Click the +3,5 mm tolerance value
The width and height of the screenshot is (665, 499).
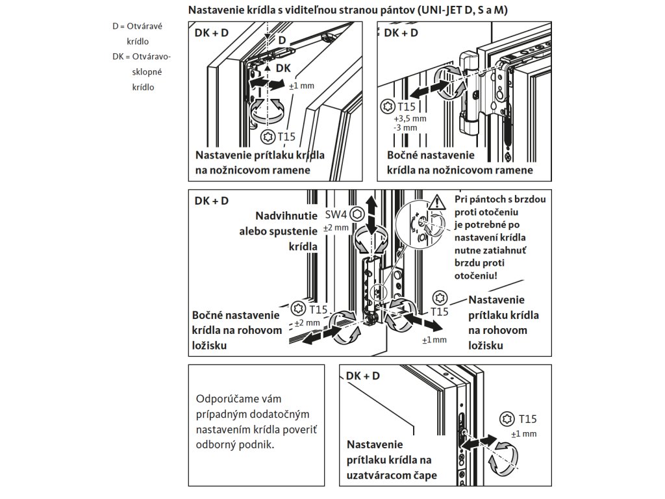(x=409, y=120)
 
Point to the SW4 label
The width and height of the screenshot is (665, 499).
(x=336, y=214)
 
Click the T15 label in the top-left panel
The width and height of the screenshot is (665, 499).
(x=286, y=136)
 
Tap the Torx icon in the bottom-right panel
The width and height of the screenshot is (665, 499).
(x=507, y=419)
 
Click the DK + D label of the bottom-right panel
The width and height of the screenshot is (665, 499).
(x=363, y=376)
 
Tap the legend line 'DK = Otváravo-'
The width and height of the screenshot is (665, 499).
(x=141, y=57)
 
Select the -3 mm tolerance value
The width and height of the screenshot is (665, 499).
(x=405, y=128)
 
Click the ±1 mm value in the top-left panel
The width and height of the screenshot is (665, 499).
(x=300, y=86)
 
